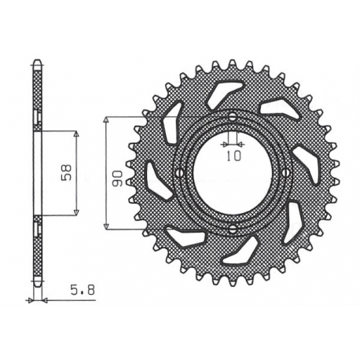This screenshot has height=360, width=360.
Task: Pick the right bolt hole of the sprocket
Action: [288, 174]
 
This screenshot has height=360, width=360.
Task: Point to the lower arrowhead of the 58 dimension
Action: [75, 213]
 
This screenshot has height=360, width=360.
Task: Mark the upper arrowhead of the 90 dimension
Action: [106, 119]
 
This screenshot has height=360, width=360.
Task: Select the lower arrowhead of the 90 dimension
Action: [106, 227]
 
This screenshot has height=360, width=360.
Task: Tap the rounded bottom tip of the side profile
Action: [35, 285]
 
